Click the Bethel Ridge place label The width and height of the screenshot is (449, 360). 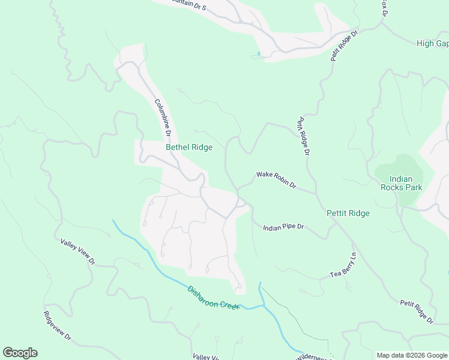(188, 148)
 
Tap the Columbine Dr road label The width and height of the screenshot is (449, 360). (163, 117)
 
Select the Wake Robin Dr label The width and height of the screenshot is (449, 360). (276, 179)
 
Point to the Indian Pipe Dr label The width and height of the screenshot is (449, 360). (285, 227)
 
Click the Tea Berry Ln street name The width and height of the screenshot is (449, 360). (343, 265)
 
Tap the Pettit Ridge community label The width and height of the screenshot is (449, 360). (348, 213)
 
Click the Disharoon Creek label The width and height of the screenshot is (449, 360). (213, 297)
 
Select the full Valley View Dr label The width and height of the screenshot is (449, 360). (78, 251)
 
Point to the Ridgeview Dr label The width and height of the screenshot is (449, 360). (58, 326)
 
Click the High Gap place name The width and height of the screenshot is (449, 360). (432, 44)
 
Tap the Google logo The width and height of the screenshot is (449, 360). (20, 353)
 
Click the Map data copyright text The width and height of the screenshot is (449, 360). (411, 355)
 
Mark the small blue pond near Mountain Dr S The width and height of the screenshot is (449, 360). (259, 55)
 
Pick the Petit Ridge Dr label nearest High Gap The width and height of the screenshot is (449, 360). (344, 46)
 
